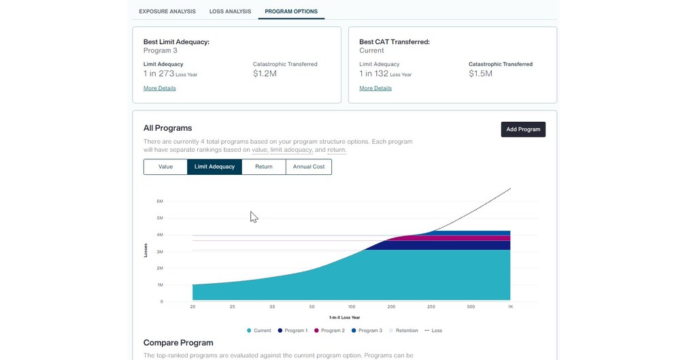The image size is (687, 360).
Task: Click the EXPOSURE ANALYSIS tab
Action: (x=167, y=12)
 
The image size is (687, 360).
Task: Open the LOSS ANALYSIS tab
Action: (x=230, y=12)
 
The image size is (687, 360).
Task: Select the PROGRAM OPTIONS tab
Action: (x=291, y=12)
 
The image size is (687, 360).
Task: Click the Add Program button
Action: (x=523, y=129)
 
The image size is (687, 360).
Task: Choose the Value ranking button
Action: (x=165, y=167)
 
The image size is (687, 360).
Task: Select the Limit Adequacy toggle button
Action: (x=214, y=167)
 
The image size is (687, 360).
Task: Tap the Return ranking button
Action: (x=264, y=167)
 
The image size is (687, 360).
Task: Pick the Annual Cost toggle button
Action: (x=309, y=167)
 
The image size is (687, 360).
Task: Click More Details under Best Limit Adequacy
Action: (x=160, y=88)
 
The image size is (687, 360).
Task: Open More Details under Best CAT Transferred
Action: (x=375, y=88)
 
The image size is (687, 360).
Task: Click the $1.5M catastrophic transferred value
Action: (x=480, y=73)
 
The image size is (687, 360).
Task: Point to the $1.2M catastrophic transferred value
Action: (x=265, y=73)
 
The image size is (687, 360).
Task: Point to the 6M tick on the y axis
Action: (x=160, y=201)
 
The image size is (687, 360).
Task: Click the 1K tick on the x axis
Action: (x=510, y=307)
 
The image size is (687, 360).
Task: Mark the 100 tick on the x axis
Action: (x=352, y=307)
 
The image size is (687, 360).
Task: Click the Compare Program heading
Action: (x=178, y=343)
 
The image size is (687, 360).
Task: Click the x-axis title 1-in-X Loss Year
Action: (x=344, y=318)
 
